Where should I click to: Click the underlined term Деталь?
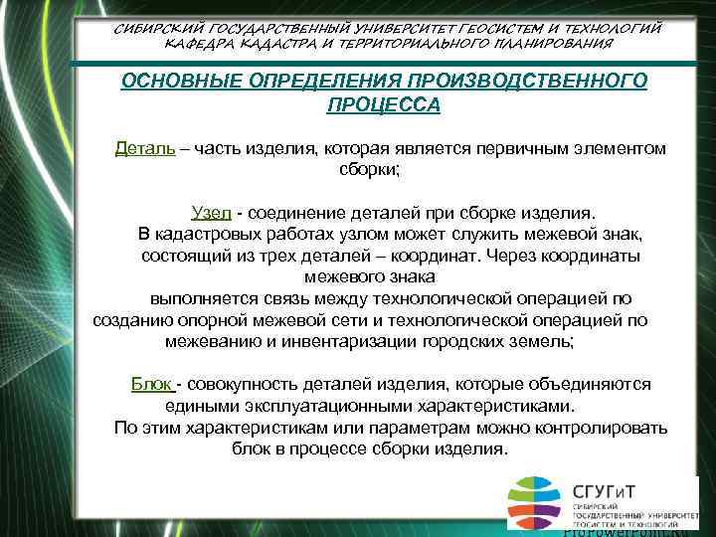pos(145,148)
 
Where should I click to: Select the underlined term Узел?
pos(211,213)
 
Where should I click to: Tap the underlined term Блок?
pos(151,384)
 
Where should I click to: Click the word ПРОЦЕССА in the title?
pos(383,104)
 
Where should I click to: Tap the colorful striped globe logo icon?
pos(536,503)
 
